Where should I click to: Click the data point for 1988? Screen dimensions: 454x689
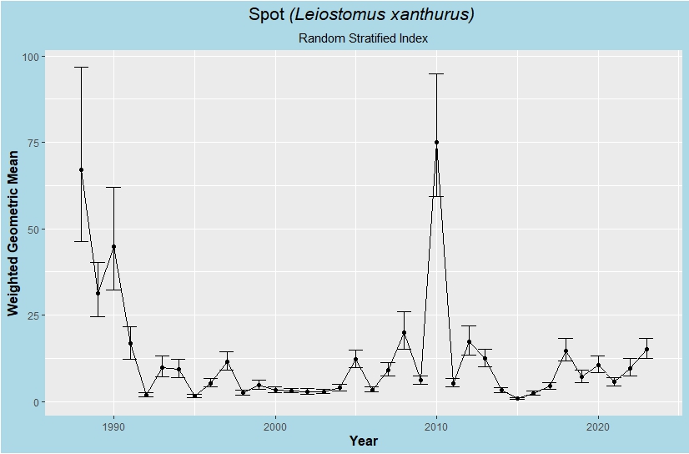[x=82, y=170]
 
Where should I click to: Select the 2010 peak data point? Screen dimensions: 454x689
[x=436, y=143]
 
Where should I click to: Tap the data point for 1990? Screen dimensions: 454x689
[x=113, y=247]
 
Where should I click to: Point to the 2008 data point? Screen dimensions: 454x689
[x=404, y=333]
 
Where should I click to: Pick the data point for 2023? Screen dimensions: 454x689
[x=646, y=350]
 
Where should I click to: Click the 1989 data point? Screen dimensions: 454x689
[x=98, y=294]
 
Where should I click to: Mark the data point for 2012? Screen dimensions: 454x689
[x=469, y=342]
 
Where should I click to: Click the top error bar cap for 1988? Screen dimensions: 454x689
[x=82, y=67]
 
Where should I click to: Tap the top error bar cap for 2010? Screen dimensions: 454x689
[x=436, y=73]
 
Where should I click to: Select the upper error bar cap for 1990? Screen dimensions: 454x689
[x=113, y=187]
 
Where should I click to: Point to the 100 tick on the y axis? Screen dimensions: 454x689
[x=33, y=57]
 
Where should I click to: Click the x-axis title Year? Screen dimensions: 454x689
[x=364, y=441]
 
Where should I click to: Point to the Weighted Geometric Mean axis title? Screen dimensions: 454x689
[x=13, y=234]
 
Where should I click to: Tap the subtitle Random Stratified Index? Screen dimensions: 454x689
[x=363, y=38]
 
